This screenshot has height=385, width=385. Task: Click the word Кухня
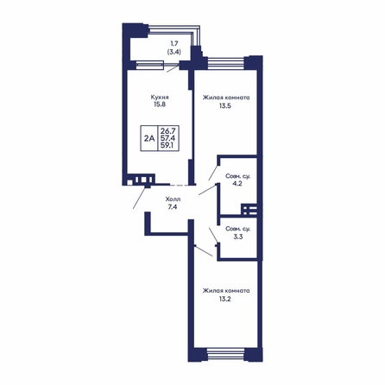(x=160, y=98)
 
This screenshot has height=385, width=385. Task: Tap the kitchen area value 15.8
(x=160, y=104)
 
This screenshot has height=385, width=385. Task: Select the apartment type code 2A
(x=149, y=138)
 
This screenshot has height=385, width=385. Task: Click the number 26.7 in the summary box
(x=168, y=131)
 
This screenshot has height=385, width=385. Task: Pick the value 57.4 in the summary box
(x=168, y=138)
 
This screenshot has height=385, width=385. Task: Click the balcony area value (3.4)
(x=174, y=52)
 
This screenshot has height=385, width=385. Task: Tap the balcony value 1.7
(x=174, y=44)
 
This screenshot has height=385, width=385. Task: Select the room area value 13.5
(x=225, y=105)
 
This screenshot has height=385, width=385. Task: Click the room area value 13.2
(x=225, y=299)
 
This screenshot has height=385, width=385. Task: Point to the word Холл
(x=173, y=199)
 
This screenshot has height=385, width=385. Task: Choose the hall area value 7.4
(x=173, y=207)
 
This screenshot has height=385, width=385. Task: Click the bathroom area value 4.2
(x=237, y=184)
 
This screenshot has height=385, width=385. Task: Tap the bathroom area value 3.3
(x=238, y=237)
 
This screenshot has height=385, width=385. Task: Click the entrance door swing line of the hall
(x=140, y=198)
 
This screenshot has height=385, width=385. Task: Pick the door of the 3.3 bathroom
(x=213, y=236)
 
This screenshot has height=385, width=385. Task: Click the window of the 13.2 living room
(x=225, y=354)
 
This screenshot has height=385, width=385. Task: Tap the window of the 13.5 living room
(x=226, y=63)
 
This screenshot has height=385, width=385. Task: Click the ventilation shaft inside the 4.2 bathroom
(x=250, y=210)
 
